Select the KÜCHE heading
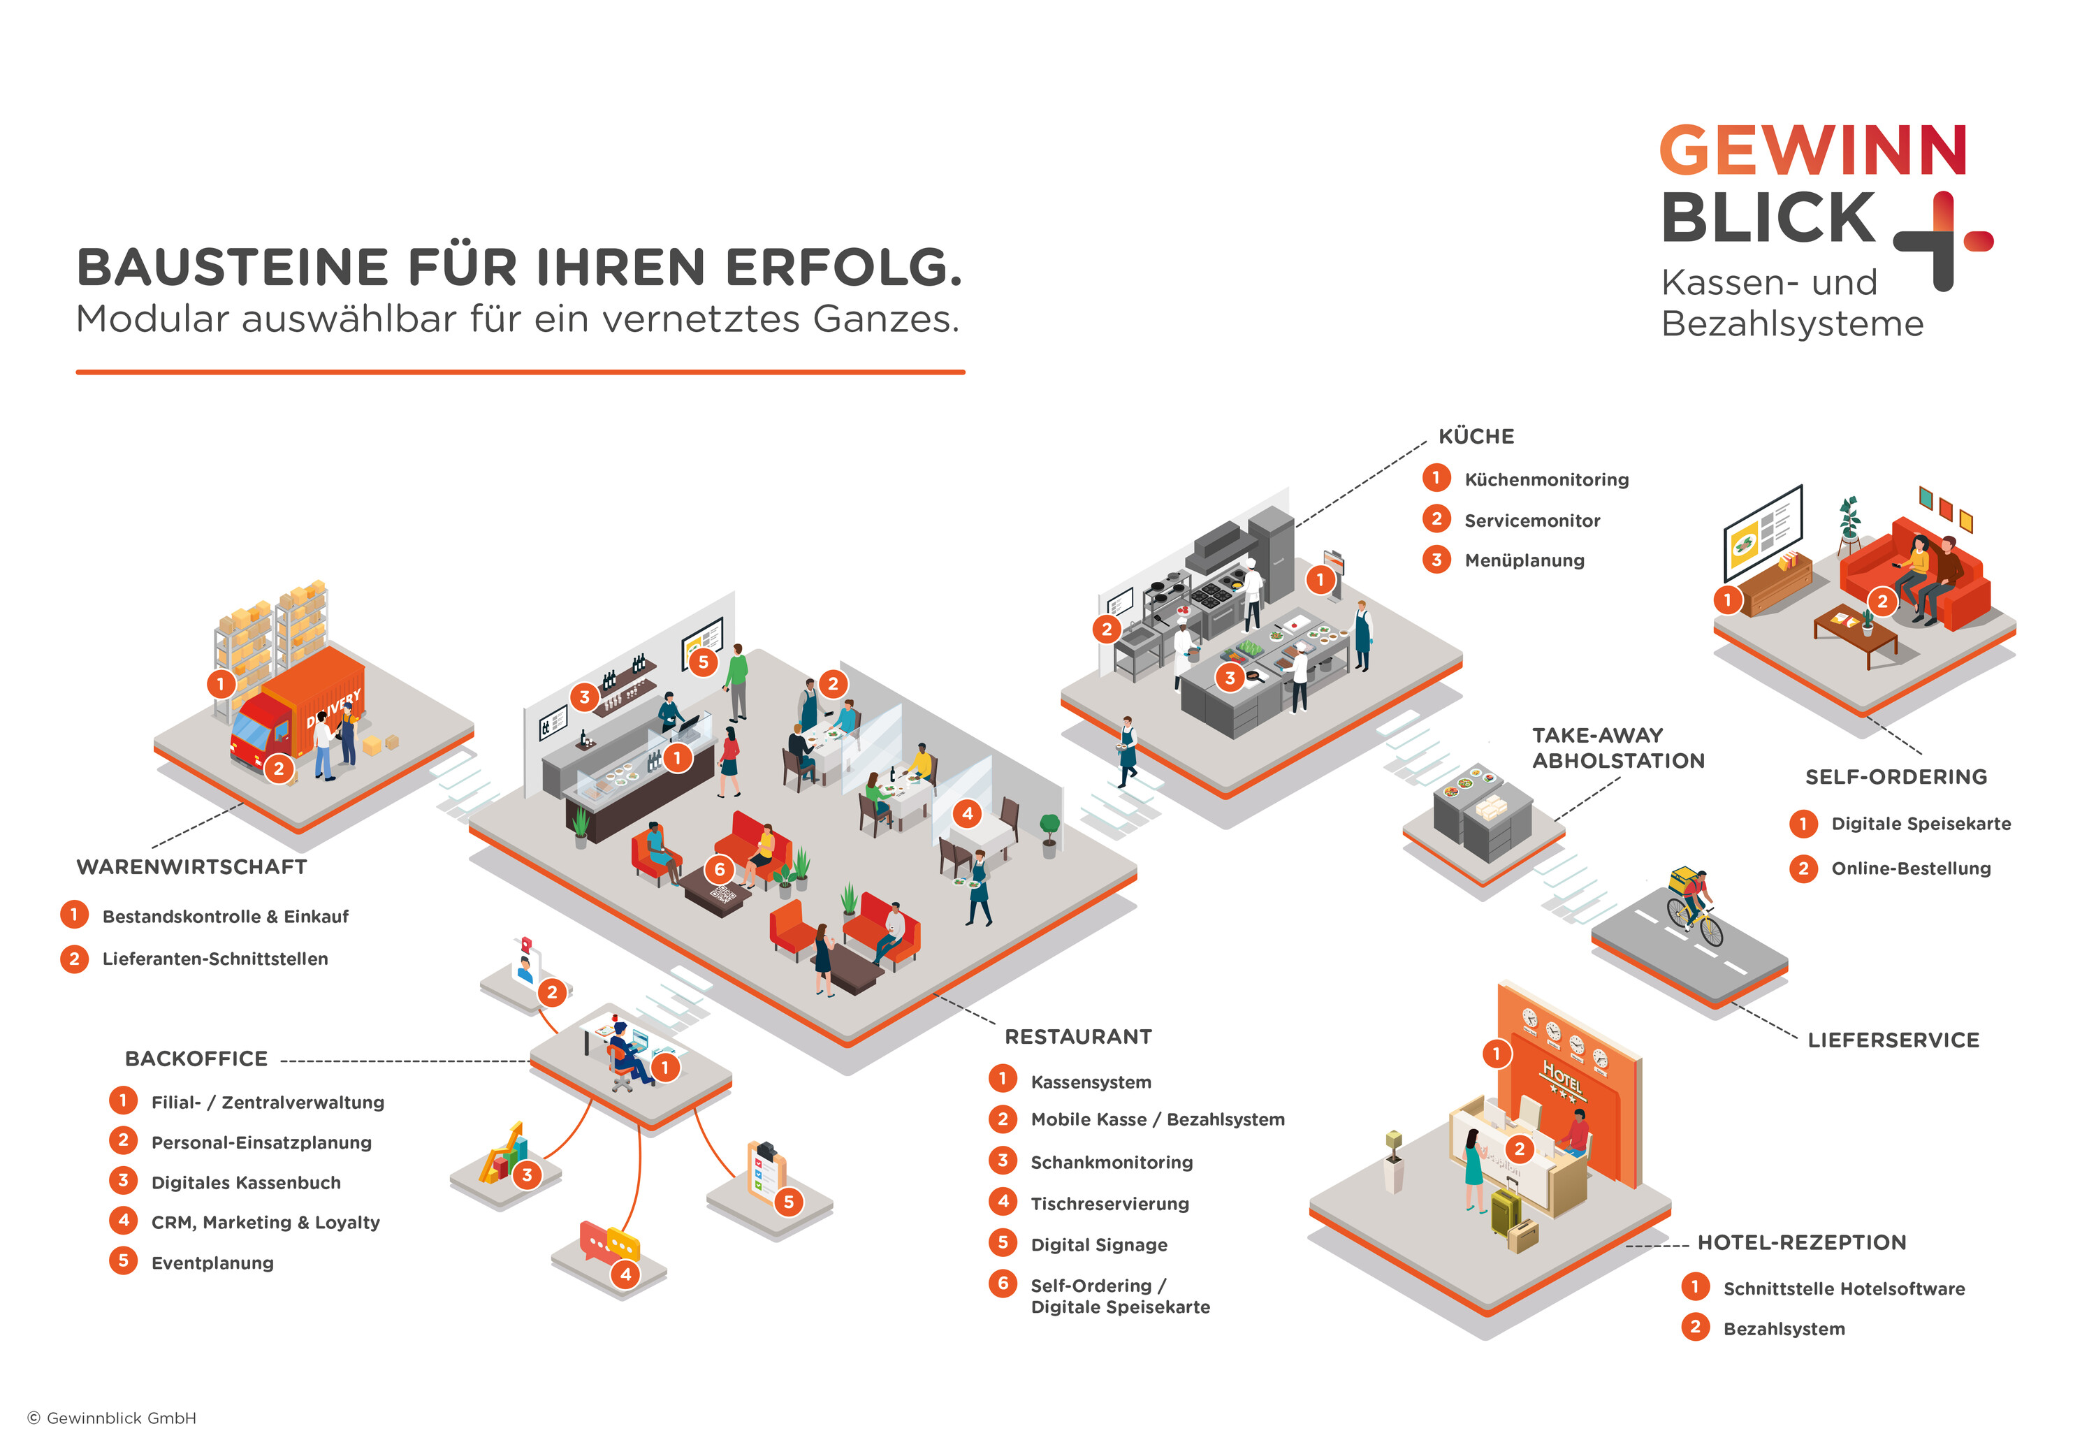point(1476,436)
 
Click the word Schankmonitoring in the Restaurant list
point(1112,1163)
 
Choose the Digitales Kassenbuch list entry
point(246,1182)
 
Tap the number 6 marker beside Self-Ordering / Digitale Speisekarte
point(1003,1284)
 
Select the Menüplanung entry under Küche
point(1524,560)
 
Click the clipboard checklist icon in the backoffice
point(766,1169)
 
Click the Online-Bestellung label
point(1911,868)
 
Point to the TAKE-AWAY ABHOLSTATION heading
point(1617,748)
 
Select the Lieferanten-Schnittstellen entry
point(215,959)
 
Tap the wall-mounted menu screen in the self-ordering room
point(1761,533)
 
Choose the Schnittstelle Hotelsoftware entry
point(1843,1288)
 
